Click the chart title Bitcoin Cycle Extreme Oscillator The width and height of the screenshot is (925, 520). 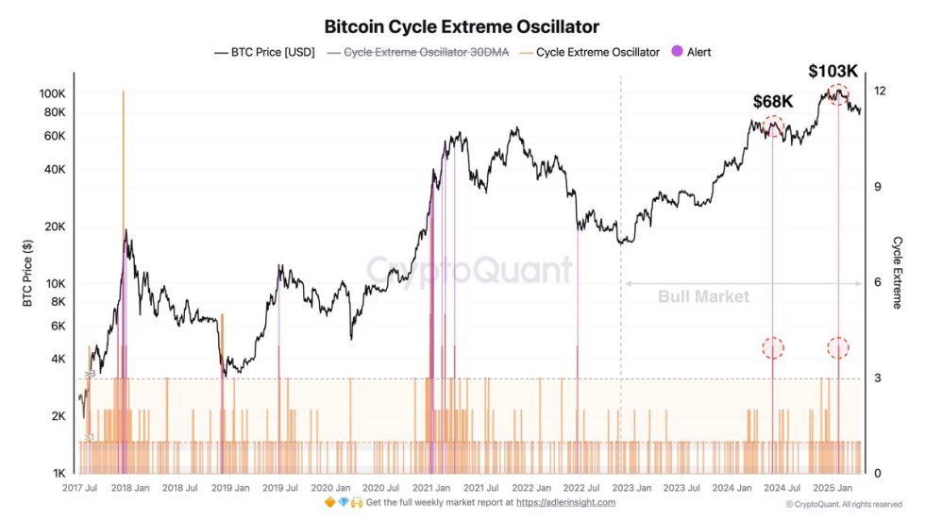pyautogui.click(x=462, y=27)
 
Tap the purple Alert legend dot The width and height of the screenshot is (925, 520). pyautogui.click(x=676, y=52)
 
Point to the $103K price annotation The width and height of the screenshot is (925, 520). pyautogui.click(x=834, y=71)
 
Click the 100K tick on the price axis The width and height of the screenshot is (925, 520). pyautogui.click(x=51, y=94)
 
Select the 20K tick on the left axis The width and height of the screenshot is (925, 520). pyautogui.click(x=54, y=226)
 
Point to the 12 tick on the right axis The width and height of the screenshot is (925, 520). pyautogui.click(x=880, y=91)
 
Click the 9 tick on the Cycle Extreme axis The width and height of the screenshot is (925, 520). pyautogui.click(x=877, y=187)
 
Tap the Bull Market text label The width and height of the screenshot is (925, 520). pyautogui.click(x=703, y=296)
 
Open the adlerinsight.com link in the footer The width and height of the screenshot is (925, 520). pyautogui.click(x=565, y=503)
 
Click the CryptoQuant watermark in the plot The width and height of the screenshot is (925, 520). pyautogui.click(x=468, y=270)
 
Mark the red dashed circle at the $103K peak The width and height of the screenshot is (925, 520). pyautogui.click(x=837, y=93)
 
